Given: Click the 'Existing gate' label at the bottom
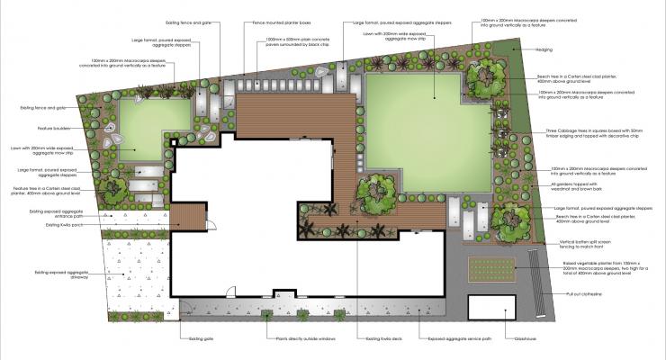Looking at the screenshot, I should pyautogui.click(x=201, y=338).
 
